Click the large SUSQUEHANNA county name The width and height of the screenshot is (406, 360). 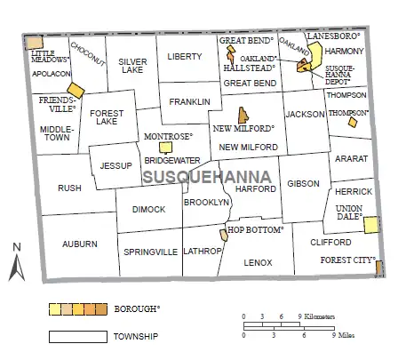196,178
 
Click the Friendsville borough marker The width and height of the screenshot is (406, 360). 76,91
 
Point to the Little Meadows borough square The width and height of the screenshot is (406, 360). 34,42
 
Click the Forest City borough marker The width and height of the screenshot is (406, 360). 378,268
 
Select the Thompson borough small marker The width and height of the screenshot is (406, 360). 353,123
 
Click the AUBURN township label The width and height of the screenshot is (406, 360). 79,243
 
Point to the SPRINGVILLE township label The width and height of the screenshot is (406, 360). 150,252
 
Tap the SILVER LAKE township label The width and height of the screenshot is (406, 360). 132,65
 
